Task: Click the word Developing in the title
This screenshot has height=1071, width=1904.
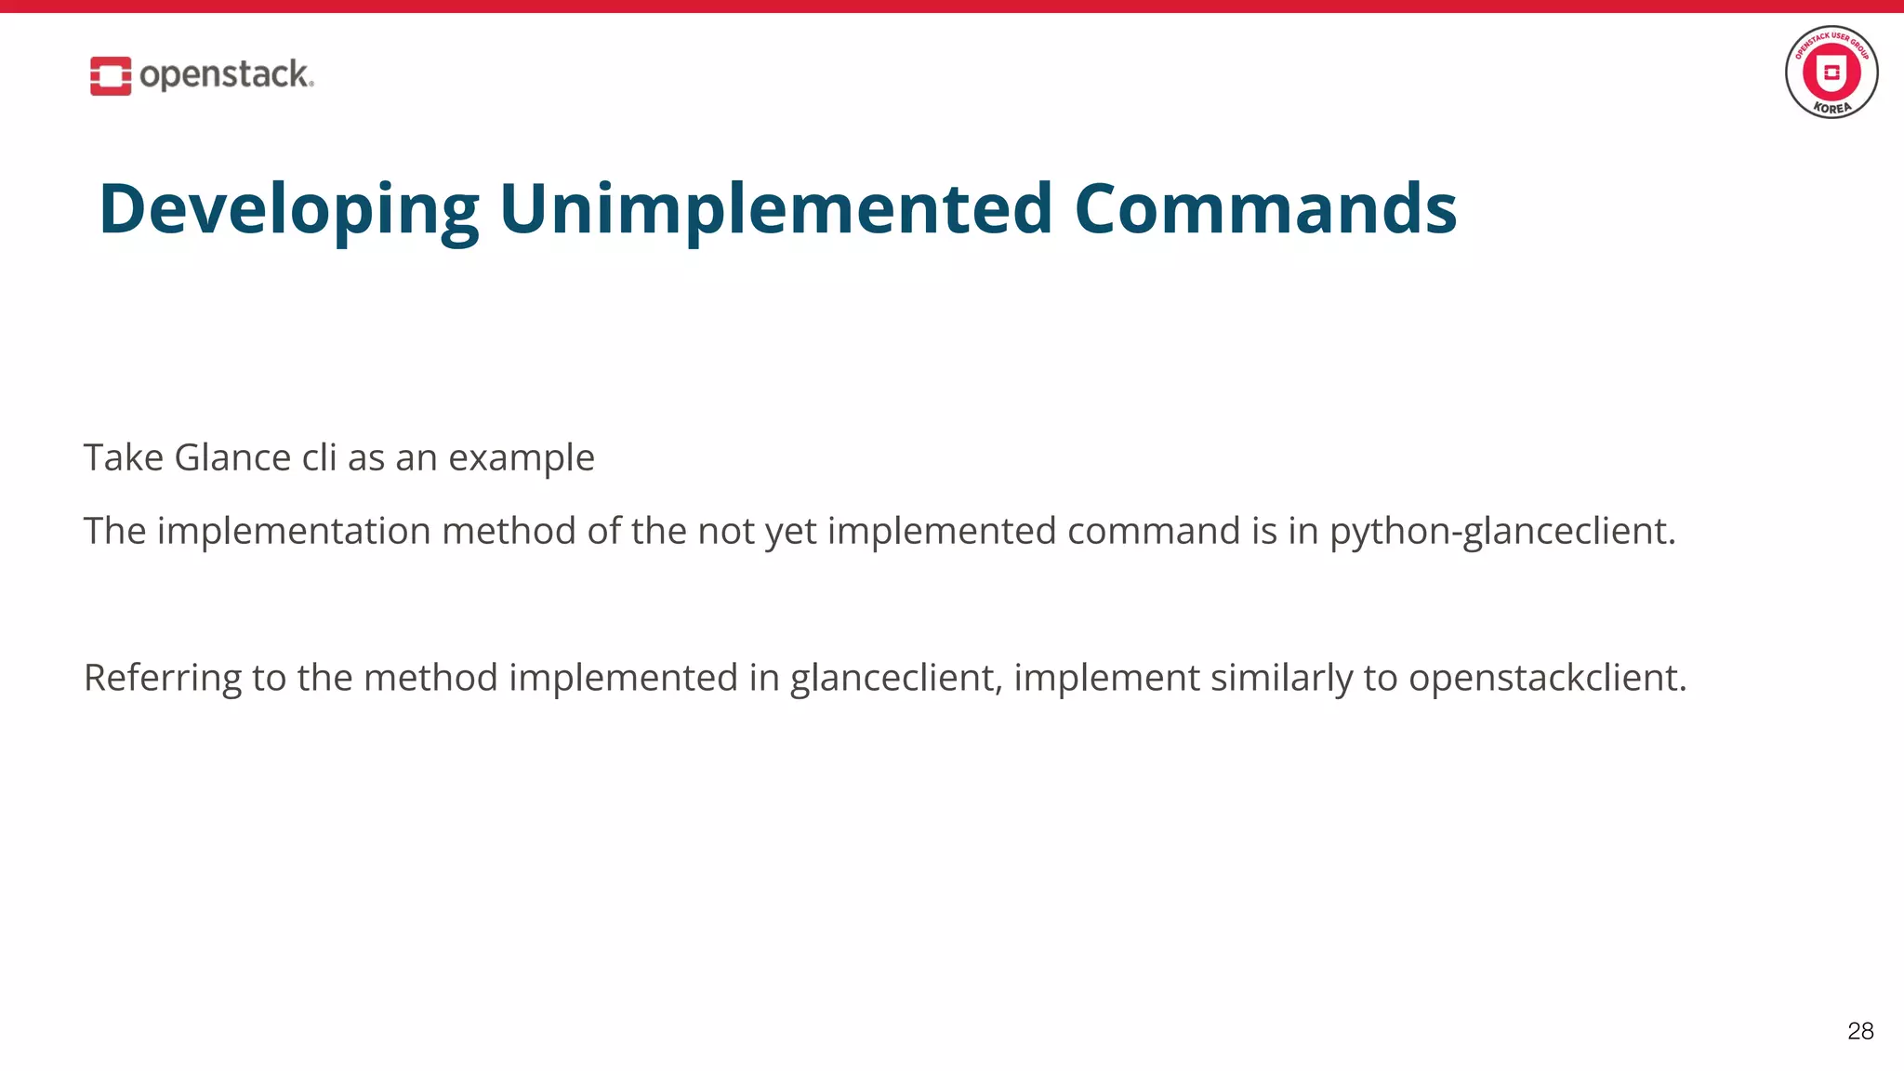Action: (x=288, y=210)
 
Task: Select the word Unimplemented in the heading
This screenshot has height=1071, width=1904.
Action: (x=775, y=208)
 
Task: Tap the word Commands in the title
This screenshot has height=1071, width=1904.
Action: (x=1264, y=208)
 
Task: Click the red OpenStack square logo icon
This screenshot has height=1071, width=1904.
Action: (x=110, y=75)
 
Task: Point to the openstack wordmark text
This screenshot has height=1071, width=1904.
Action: (x=226, y=74)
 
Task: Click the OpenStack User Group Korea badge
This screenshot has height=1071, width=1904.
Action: (x=1831, y=72)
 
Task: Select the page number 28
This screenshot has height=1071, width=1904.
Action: (x=1859, y=1030)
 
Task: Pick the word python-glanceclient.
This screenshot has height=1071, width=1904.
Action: (x=1501, y=532)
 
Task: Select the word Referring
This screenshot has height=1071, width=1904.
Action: (x=162, y=679)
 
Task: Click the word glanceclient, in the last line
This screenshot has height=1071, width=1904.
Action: (x=896, y=679)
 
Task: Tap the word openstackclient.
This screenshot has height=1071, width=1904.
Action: (x=1546, y=679)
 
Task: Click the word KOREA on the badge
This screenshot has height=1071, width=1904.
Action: (x=1831, y=108)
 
